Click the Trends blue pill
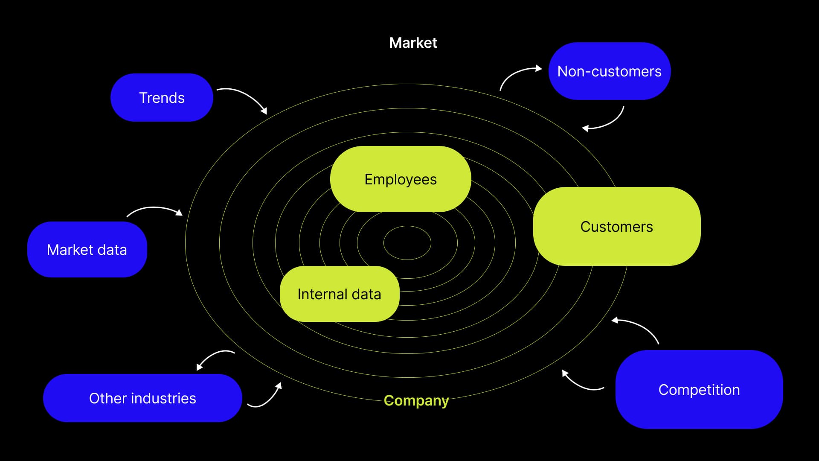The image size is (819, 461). pyautogui.click(x=162, y=98)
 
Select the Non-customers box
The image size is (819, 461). pyautogui.click(x=609, y=71)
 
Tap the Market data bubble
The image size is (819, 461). pyautogui.click(x=87, y=250)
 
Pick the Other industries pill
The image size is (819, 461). pyautogui.click(x=142, y=398)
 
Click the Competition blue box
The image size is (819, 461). pyautogui.click(x=699, y=390)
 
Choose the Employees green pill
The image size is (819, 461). pyautogui.click(x=401, y=179)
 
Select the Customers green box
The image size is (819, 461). pyautogui.click(x=616, y=227)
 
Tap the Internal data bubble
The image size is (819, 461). pyautogui.click(x=339, y=294)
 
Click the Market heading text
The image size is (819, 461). pyautogui.click(x=413, y=43)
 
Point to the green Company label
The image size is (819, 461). pyautogui.click(x=416, y=400)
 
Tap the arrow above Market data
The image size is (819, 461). pyautogui.click(x=154, y=209)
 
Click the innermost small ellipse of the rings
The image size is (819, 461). pyautogui.click(x=407, y=243)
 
